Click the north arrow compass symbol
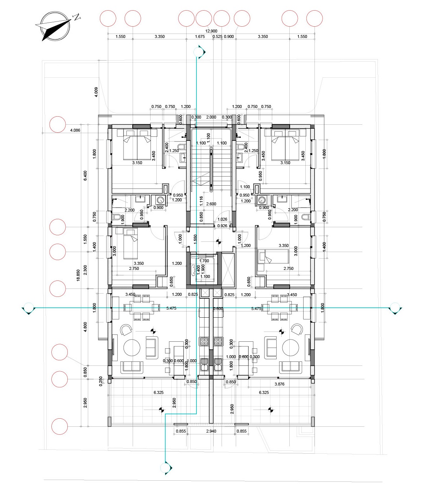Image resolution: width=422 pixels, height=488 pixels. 56,26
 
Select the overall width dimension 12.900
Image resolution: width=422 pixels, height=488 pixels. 211,31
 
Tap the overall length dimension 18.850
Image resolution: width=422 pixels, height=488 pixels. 78,275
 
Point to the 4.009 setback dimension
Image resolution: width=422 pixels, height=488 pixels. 96,92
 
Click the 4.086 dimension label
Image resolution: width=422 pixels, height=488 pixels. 75,130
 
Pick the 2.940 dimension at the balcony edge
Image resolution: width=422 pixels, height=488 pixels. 211,431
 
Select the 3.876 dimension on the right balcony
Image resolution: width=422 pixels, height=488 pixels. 279,384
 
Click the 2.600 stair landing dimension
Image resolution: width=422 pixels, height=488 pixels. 211,204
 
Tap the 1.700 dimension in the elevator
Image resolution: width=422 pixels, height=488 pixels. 204,261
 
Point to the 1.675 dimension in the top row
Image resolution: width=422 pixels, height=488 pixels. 200,36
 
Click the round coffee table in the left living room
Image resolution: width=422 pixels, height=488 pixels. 132,348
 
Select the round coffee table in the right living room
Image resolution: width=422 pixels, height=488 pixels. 290,348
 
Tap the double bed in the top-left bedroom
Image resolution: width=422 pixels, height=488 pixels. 137,144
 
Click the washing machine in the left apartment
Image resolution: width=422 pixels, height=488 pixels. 160,200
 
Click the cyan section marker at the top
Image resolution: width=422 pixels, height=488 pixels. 199,52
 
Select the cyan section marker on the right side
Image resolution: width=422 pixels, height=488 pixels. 395,308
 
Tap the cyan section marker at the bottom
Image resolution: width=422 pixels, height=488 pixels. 166,468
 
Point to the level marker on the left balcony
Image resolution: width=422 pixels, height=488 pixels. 161,410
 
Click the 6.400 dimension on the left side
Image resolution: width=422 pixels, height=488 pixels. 85,176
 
